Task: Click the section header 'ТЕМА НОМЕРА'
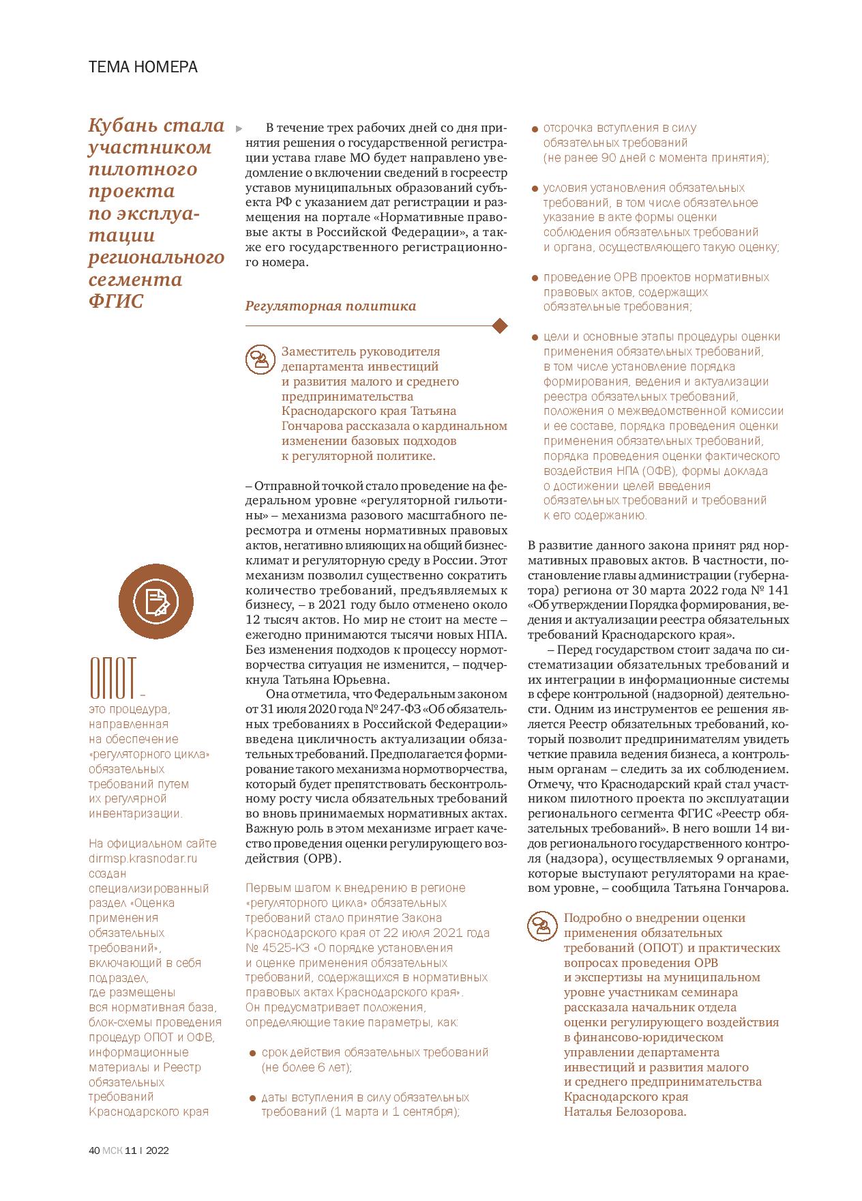pyautogui.click(x=143, y=67)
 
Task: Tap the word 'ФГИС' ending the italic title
pyautogui.click(x=116, y=301)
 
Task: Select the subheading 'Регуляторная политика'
pyautogui.click(x=330, y=306)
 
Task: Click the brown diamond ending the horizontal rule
pyautogui.click(x=500, y=326)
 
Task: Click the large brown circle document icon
pyautogui.click(x=157, y=601)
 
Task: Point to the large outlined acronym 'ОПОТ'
pyautogui.click(x=113, y=678)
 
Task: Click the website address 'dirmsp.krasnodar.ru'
pyautogui.click(x=143, y=858)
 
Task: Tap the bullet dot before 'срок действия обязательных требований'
pyautogui.click(x=253, y=1053)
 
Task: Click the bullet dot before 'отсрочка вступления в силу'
pyautogui.click(x=535, y=128)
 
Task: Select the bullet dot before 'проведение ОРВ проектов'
pyautogui.click(x=535, y=278)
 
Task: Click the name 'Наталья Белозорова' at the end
pyautogui.click(x=625, y=1112)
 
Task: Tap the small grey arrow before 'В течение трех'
pyautogui.click(x=238, y=128)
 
